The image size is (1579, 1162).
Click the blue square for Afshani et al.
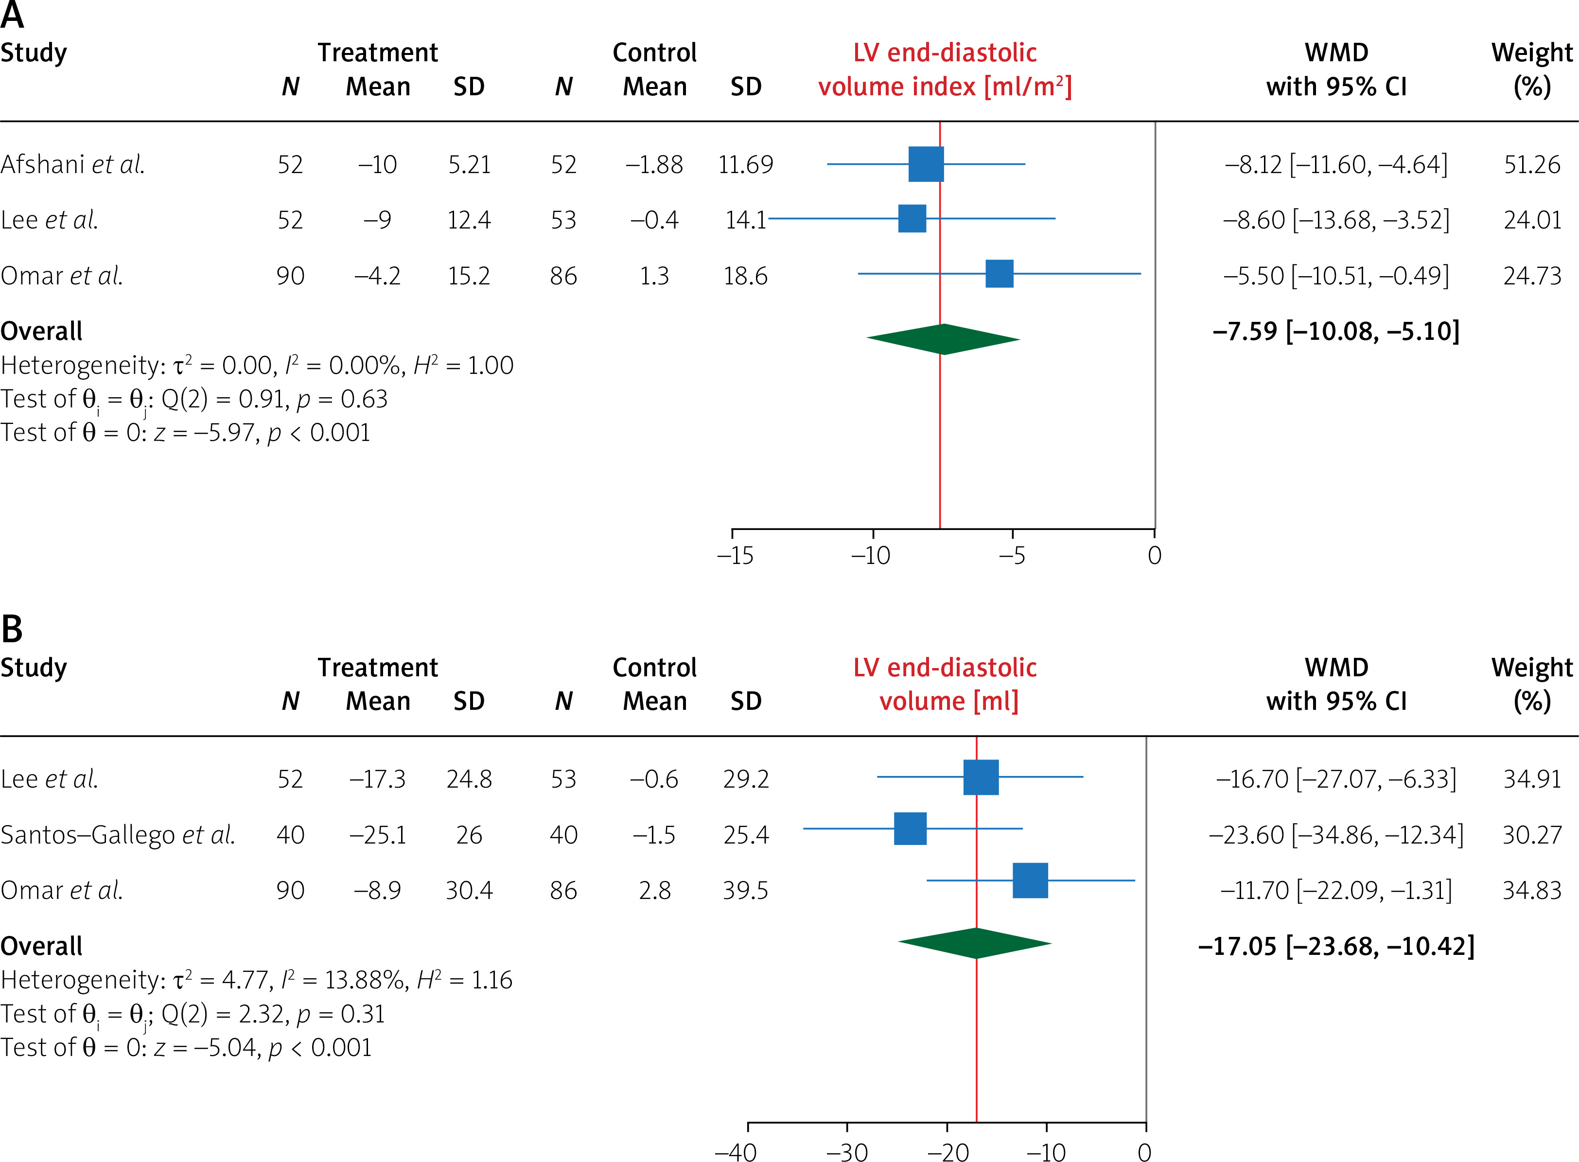(x=926, y=164)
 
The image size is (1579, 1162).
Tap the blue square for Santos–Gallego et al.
(x=910, y=828)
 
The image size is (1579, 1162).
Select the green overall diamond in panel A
(x=943, y=339)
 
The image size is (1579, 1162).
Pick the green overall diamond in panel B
(x=975, y=943)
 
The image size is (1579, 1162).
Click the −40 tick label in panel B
(x=735, y=1151)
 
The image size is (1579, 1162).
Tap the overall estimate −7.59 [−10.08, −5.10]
(x=1335, y=331)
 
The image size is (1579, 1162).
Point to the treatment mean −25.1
(x=378, y=835)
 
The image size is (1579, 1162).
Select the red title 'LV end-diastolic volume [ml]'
(x=945, y=684)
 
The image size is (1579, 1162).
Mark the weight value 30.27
(x=1532, y=835)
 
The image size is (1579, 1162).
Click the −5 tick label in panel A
(x=1012, y=556)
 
